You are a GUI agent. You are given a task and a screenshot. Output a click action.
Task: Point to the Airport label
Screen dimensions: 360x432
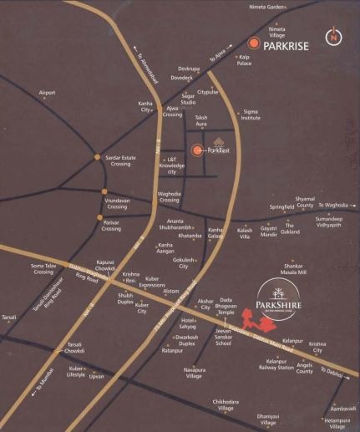(47, 92)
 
